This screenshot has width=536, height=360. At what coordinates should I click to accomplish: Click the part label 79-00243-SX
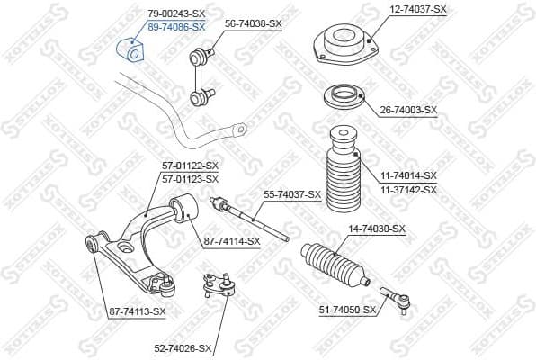[175, 14]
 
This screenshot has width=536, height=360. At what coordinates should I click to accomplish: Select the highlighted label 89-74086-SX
[175, 27]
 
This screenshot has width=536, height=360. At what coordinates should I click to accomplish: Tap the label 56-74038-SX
[253, 23]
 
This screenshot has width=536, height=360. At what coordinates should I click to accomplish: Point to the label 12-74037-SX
[417, 8]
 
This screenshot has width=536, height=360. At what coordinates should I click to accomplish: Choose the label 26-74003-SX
[407, 110]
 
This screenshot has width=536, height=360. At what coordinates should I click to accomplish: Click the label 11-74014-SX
[407, 175]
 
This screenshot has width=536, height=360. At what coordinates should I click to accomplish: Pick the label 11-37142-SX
[407, 190]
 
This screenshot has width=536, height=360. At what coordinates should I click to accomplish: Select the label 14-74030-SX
[377, 229]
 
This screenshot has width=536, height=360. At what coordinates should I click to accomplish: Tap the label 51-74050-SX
[348, 310]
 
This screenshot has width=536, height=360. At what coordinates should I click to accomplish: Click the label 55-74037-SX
[292, 193]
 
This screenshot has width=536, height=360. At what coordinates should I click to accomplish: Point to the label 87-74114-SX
[231, 240]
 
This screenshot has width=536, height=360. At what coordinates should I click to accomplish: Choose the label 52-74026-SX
[183, 347]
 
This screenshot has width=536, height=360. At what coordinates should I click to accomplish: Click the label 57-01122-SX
[190, 166]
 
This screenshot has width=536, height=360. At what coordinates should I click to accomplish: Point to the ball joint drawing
[217, 286]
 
